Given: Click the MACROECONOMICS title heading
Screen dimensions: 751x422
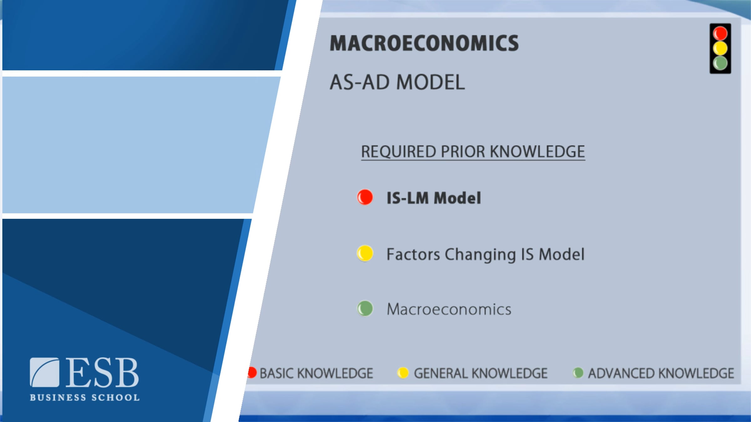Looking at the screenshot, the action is [x=424, y=43].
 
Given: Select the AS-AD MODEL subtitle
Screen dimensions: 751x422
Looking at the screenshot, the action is [x=397, y=82].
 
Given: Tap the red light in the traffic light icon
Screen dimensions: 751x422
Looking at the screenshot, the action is [x=720, y=33].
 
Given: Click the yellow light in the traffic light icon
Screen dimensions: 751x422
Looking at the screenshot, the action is [x=720, y=48].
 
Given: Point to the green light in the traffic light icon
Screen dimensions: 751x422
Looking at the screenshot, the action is [x=720, y=63].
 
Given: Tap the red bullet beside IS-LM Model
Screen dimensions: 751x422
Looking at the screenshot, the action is [x=365, y=197].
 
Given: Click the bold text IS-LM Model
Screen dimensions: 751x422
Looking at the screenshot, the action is [x=434, y=198].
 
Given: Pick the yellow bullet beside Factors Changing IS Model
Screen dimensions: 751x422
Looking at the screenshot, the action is [x=365, y=253].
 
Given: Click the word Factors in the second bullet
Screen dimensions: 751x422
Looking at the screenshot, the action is [x=413, y=254].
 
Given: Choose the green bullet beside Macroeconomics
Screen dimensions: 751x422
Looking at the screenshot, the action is [x=365, y=309].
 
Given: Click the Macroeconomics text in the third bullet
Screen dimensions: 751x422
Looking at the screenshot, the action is [x=449, y=309].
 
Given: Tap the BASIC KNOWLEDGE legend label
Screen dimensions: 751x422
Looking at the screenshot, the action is [x=316, y=373].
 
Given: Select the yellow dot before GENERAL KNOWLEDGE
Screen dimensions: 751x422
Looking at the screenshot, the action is [x=403, y=373].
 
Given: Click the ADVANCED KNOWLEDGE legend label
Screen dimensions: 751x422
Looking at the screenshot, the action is [x=661, y=373].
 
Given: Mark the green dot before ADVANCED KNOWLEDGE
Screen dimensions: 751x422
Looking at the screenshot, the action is [x=578, y=373].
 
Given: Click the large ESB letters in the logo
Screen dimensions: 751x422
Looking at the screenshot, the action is [x=102, y=372].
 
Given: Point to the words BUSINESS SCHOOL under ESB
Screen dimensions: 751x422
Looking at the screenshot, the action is [x=84, y=397].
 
